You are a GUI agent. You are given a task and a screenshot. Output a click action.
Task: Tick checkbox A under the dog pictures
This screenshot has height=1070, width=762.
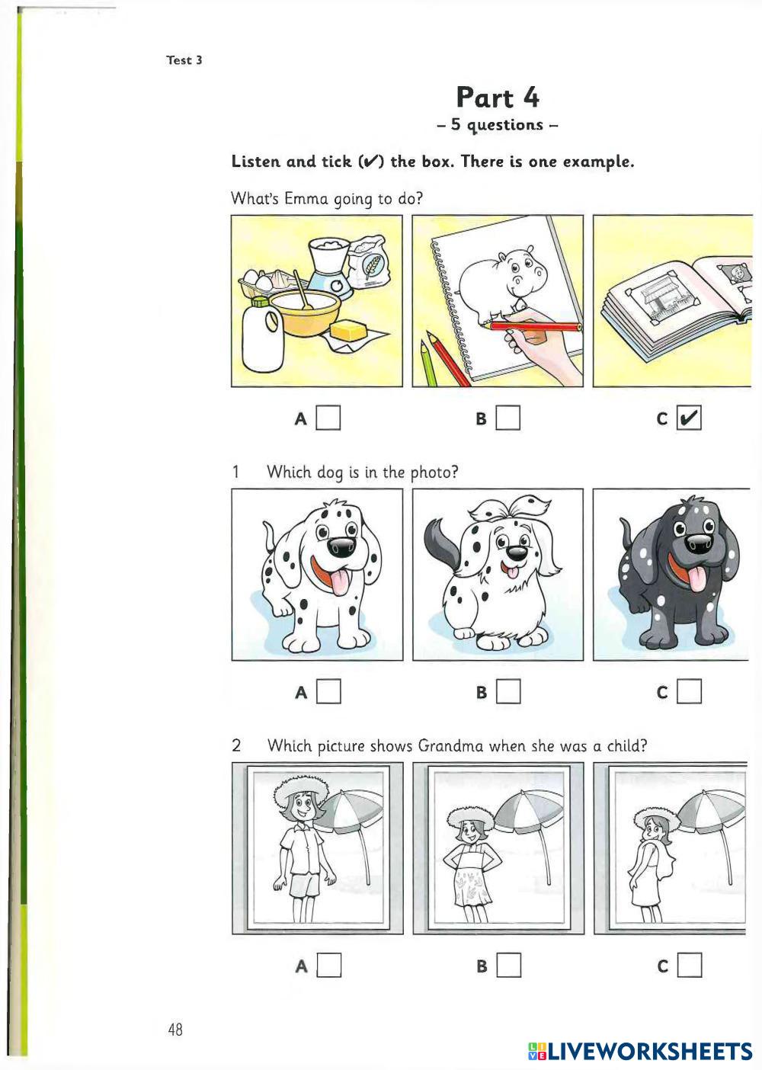pyautogui.click(x=328, y=691)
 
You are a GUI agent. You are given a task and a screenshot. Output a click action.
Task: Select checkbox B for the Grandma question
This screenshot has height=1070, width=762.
pyautogui.click(x=508, y=965)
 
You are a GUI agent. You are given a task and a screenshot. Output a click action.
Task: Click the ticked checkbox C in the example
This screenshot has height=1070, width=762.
pyautogui.click(x=689, y=418)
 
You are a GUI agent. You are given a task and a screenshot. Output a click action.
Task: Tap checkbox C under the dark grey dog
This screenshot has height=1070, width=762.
pyautogui.click(x=689, y=691)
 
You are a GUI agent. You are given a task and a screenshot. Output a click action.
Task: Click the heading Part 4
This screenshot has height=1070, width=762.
pyautogui.click(x=498, y=98)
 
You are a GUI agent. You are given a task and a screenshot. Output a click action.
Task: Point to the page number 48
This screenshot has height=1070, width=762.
pyautogui.click(x=175, y=1029)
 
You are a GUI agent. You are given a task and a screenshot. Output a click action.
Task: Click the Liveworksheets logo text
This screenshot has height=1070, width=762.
pyautogui.click(x=639, y=1051)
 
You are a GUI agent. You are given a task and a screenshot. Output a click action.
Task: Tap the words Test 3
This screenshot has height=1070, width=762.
pyautogui.click(x=184, y=60)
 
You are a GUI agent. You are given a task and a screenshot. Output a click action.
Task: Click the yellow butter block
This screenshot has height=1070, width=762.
pyautogui.click(x=348, y=330)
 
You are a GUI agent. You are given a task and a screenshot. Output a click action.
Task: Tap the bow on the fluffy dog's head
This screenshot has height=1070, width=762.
pyautogui.click(x=509, y=508)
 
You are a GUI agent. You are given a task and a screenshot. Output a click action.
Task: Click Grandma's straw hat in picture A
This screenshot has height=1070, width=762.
pyautogui.click(x=301, y=787)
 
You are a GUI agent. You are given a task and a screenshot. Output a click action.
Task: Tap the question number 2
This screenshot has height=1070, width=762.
pyautogui.click(x=236, y=745)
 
